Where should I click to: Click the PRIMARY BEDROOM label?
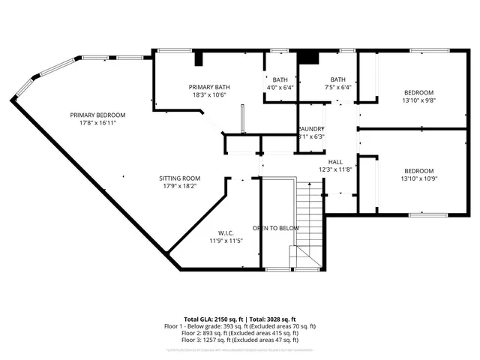(97, 115)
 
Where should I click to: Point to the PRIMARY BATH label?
(209, 87)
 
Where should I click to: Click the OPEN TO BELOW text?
(276, 228)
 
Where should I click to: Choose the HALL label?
(335, 162)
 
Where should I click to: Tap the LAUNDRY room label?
(312, 129)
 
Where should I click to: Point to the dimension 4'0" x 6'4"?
(280, 87)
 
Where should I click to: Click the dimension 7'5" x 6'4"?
(337, 87)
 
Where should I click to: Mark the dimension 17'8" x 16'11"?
(97, 123)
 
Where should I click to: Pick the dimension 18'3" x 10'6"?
(209, 95)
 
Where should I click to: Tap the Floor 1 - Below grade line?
(240, 326)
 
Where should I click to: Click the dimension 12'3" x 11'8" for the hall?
(335, 170)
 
